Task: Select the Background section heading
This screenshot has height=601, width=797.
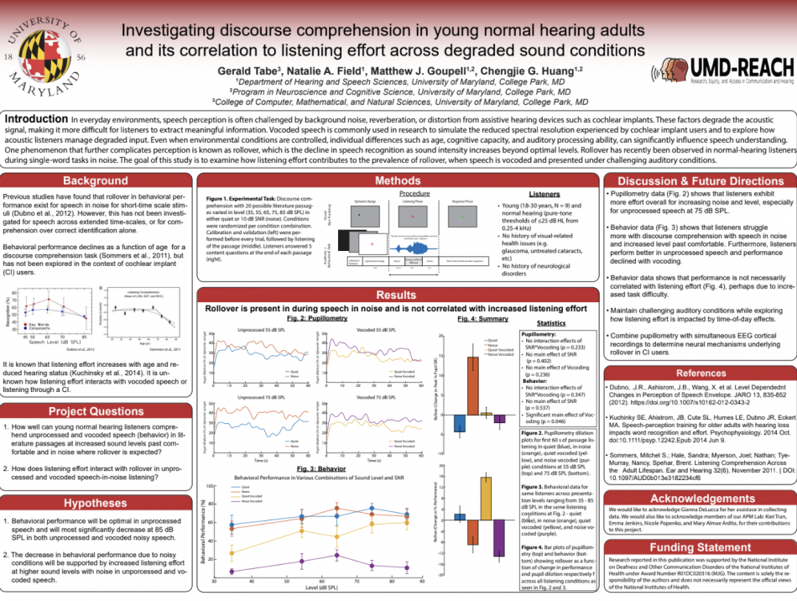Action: (x=96, y=181)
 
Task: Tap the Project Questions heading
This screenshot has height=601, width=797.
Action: (x=96, y=411)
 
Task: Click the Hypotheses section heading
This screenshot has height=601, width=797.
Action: (x=96, y=503)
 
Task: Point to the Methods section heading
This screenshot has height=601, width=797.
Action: (x=398, y=180)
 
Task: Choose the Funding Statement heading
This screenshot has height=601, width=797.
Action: (x=701, y=546)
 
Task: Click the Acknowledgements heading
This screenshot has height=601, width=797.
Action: (x=701, y=499)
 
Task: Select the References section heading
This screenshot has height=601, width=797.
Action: (x=701, y=373)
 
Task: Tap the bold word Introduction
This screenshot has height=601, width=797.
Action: (x=35, y=119)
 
